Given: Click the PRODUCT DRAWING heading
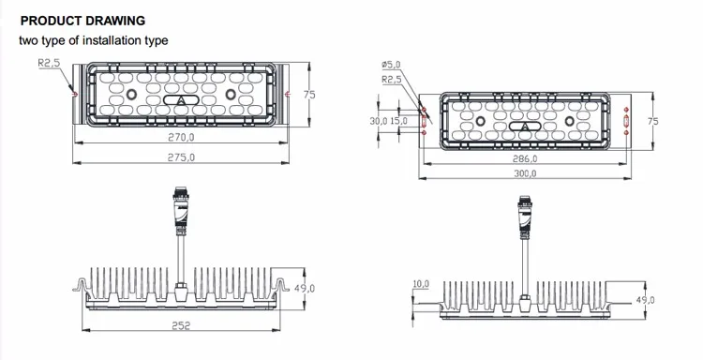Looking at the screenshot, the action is pos(82,21).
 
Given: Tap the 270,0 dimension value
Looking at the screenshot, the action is pos(181,138).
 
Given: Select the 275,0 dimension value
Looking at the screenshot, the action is pos(181,157).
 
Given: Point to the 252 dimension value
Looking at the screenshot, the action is pos(181,325).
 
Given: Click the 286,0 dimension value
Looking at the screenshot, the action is pos(525,158).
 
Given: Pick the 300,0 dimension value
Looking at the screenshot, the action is pos(525,174).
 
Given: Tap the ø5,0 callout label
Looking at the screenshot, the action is pos(391,65).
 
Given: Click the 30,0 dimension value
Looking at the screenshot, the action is pos(379,121).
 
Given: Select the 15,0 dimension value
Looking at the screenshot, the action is pos(398,121).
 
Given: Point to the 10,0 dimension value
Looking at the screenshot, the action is pos(421,284).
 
